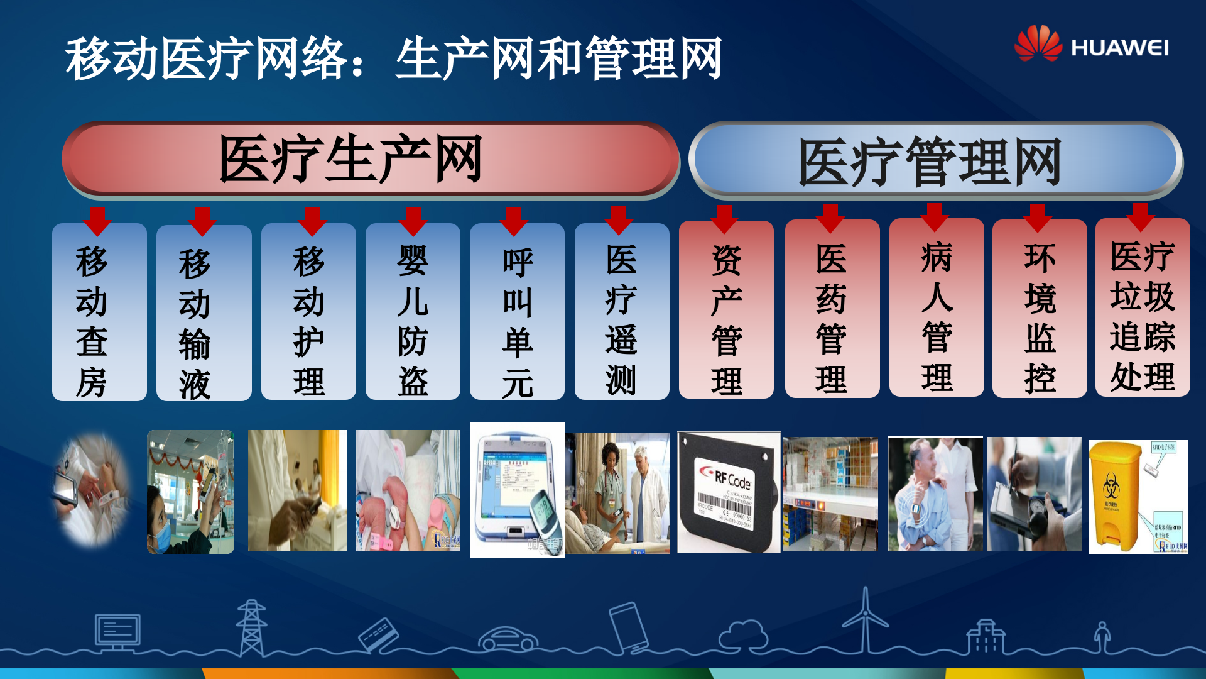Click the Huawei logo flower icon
click(x=1038, y=43)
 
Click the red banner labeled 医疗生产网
click(x=371, y=158)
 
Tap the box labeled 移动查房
click(x=99, y=312)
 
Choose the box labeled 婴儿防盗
click(x=413, y=312)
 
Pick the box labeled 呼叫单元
click(x=517, y=312)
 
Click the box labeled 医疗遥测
click(x=621, y=312)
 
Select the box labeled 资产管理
click(x=726, y=310)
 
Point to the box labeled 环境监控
click(x=1040, y=309)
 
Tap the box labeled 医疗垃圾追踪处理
click(x=1143, y=308)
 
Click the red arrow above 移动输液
click(x=202, y=221)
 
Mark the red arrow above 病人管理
click(x=934, y=217)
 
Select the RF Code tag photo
click(x=729, y=492)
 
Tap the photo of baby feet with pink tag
click(x=408, y=491)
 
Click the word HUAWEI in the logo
click(x=1119, y=48)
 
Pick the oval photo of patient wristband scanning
click(x=92, y=489)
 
